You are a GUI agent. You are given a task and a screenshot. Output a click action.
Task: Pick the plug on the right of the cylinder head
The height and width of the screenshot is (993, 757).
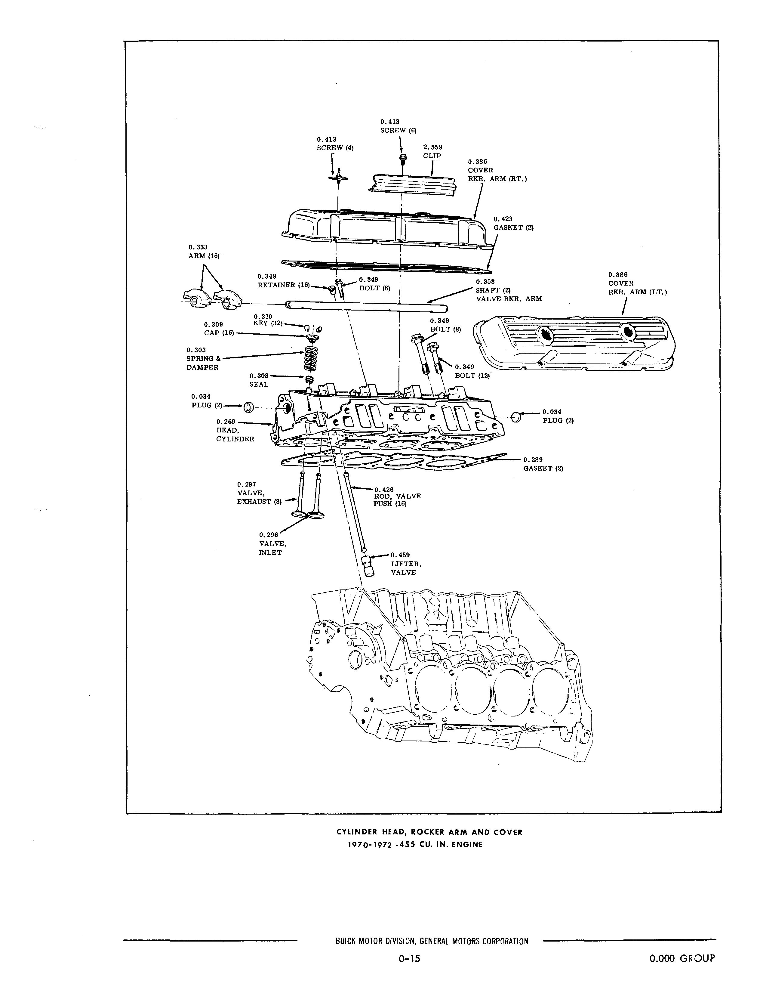pos(516,416)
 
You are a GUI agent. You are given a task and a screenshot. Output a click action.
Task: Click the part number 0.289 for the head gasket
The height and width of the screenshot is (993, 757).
pos(533,460)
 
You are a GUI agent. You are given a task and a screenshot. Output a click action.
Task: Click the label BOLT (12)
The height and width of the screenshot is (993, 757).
pos(472,376)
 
